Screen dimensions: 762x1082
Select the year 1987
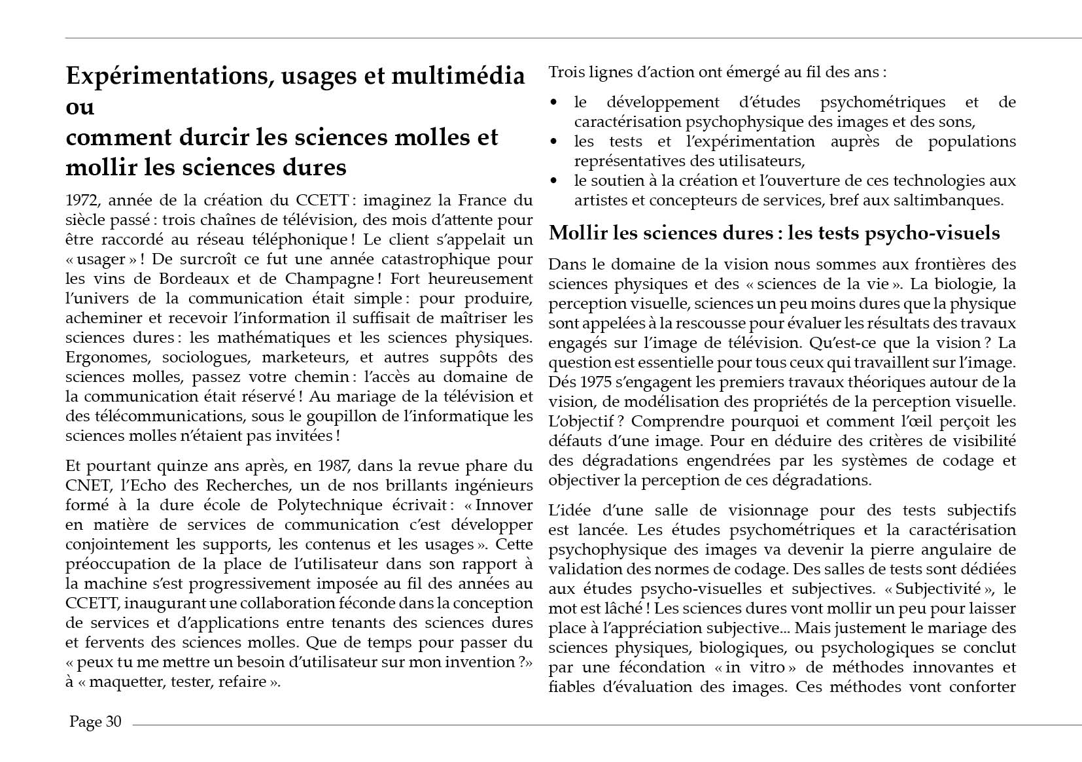tap(334, 466)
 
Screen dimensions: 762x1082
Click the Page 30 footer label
tap(96, 721)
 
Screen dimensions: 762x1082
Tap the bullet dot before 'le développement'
tap(554, 103)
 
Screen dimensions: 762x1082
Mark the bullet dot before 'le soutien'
tap(554, 181)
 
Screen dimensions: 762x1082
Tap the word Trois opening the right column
tap(567, 72)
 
